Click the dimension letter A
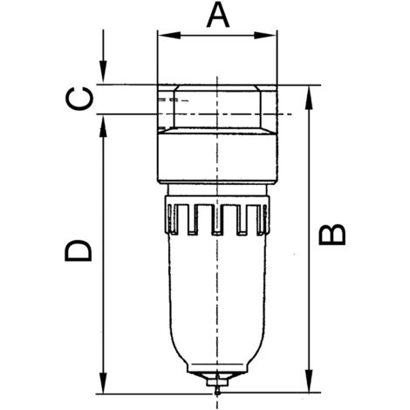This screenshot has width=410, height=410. pos(215,16)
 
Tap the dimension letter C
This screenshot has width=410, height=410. pos(79,99)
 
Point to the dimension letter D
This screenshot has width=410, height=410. pos(79,251)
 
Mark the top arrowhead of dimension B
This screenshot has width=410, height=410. pos(310,92)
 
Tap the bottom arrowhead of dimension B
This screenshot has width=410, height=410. pos(310,379)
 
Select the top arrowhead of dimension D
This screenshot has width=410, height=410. pos(103,120)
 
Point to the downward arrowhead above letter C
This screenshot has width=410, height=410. pos(103,79)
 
